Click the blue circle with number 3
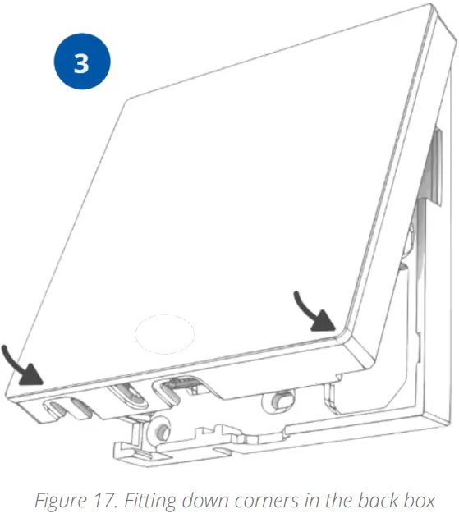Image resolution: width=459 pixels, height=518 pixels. (x=80, y=64)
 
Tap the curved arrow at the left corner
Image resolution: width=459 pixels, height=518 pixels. (x=25, y=366)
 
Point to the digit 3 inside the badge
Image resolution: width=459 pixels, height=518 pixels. (x=80, y=64)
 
